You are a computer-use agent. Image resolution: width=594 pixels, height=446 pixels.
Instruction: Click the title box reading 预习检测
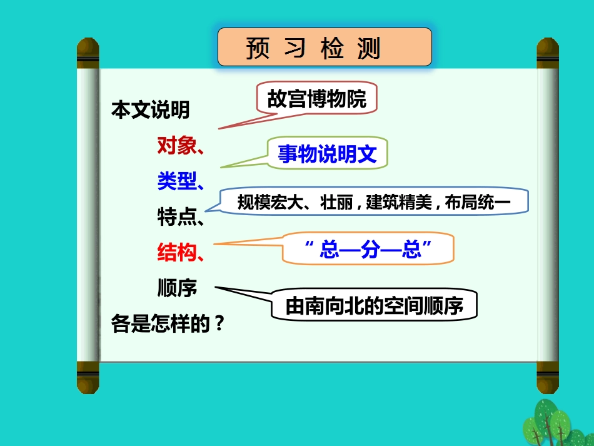[325, 47]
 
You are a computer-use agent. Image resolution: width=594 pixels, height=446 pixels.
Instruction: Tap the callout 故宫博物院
[317, 98]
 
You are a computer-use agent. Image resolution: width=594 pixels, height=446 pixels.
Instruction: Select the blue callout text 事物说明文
[328, 154]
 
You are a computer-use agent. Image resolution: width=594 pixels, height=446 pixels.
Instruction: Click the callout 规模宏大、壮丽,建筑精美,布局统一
[375, 202]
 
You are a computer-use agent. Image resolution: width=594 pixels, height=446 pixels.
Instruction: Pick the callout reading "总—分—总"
[368, 250]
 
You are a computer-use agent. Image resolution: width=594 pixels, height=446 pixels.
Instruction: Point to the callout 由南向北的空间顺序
[374, 307]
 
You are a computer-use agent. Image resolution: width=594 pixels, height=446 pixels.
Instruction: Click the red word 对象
[177, 146]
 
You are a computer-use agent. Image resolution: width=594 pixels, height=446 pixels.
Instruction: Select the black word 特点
[177, 218]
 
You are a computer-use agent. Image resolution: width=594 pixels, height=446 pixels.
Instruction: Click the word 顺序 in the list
[177, 288]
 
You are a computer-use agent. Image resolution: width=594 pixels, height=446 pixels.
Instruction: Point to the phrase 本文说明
[150, 111]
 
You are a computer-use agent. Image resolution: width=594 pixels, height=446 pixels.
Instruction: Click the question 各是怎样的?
[167, 325]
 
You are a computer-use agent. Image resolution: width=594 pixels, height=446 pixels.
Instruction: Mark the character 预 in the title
[258, 48]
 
